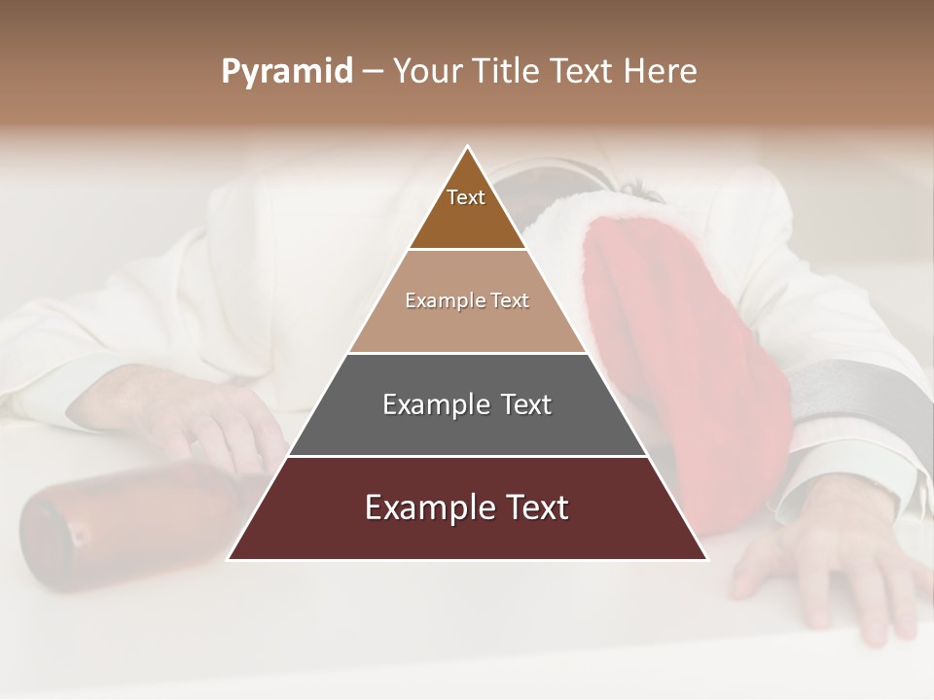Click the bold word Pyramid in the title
286,72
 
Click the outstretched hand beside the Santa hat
827,564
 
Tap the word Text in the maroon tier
529,507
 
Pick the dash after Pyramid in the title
373,72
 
